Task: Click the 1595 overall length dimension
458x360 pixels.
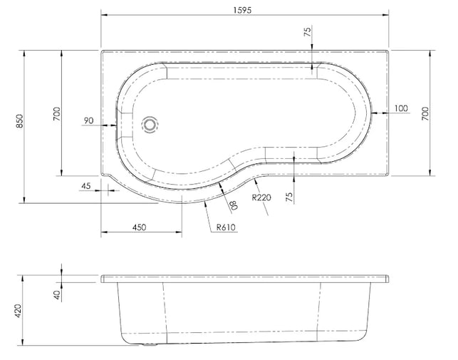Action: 242,10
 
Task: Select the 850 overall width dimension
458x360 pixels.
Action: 19,121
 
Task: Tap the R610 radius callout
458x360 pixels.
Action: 226,227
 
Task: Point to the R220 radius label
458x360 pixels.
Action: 261,197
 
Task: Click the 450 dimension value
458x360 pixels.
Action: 140,227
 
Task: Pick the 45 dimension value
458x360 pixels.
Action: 86,186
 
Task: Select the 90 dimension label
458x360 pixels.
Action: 88,120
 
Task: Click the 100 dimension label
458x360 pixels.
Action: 401,108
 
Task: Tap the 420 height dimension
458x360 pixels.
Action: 18,311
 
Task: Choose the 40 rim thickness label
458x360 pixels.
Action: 57,294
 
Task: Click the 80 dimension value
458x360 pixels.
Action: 234,205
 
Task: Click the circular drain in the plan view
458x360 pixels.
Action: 150,125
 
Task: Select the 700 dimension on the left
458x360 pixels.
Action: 57,114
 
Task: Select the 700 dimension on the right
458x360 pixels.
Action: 425,114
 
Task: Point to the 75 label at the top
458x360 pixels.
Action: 308,31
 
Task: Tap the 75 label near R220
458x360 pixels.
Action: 289,197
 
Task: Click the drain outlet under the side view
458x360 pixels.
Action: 150,344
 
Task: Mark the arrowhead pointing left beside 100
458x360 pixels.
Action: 375,113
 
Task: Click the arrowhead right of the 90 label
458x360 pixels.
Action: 114,125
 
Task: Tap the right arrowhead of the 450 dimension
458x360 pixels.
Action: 179,232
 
